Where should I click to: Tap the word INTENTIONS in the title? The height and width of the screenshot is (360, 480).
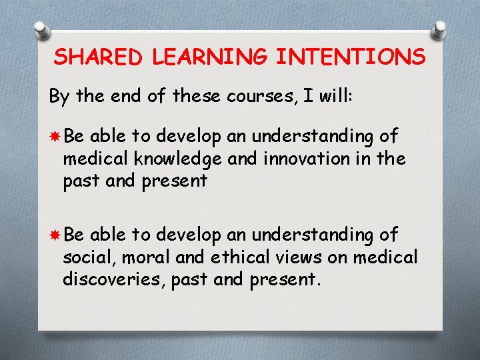(351, 57)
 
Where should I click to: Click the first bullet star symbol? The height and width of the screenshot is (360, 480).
(54, 137)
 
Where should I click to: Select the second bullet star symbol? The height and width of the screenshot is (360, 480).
(54, 235)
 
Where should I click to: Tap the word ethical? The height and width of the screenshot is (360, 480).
(234, 257)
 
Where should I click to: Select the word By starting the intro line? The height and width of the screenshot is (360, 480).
(59, 97)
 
